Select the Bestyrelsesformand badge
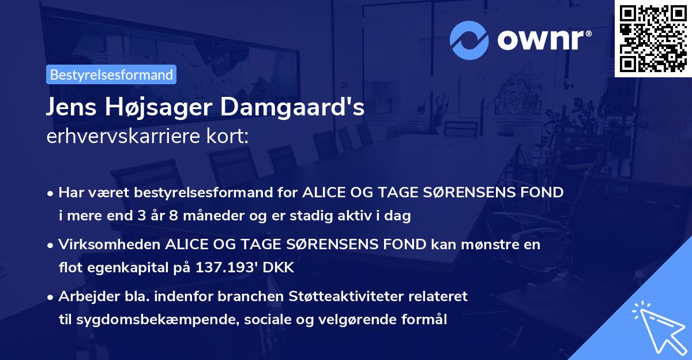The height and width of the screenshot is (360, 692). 111,74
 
